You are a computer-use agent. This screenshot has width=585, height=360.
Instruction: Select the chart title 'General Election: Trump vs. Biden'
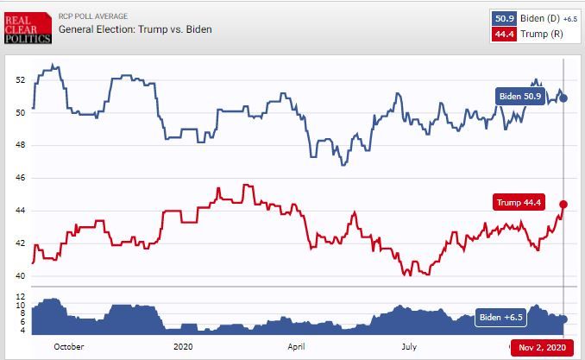pyautogui.click(x=135, y=30)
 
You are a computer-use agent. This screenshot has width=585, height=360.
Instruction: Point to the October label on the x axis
pyautogui.click(x=68, y=347)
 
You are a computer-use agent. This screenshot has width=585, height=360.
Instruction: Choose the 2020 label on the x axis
pyautogui.click(x=184, y=347)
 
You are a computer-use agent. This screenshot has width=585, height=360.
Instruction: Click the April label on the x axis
pyautogui.click(x=296, y=347)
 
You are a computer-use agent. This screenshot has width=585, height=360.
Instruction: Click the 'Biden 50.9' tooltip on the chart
pyautogui.click(x=520, y=97)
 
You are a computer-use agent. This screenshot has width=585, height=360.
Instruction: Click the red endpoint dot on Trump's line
pyautogui.click(x=563, y=205)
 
